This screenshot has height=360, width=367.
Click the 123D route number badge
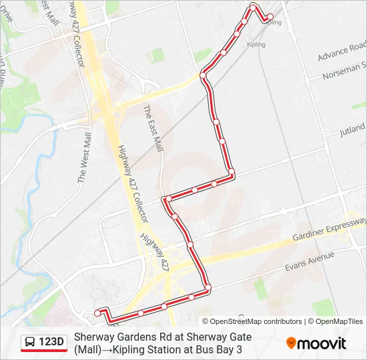pos(51,343)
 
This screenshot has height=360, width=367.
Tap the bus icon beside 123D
pos(31,343)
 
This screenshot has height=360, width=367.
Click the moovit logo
pos(316,343)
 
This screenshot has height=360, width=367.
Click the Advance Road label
pos(342,52)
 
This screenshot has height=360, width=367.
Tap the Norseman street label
pos(344,72)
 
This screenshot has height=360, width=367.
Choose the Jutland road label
pos(352,128)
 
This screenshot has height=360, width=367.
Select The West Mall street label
pos(84,157)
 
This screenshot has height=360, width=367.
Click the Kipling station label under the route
pos(256,45)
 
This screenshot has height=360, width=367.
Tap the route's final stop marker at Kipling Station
pos(270,17)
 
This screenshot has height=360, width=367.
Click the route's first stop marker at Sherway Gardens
pos(98,312)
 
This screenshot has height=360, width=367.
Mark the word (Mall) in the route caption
pos(87,349)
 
